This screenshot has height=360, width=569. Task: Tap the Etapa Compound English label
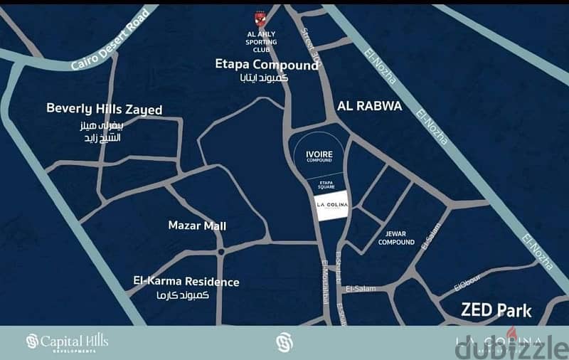click(x=267, y=65)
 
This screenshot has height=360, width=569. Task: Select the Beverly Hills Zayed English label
click(x=104, y=110)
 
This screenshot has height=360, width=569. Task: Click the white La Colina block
click(x=331, y=206)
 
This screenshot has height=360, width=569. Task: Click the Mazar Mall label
click(x=197, y=226)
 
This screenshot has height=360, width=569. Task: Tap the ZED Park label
click(x=496, y=310)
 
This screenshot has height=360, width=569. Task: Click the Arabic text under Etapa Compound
click(x=264, y=78)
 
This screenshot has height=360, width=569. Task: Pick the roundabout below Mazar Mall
click(x=221, y=251)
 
